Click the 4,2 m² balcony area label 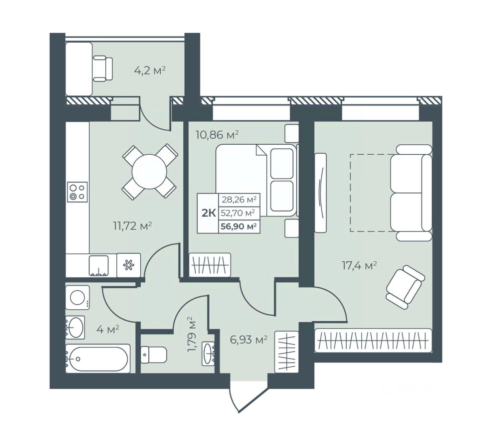pos(150,71)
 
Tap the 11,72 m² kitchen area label pos(133,226)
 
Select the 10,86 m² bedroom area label pos(217,135)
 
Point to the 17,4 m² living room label pos(359,266)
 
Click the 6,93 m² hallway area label pos(249,340)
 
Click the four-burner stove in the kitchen pos(77,192)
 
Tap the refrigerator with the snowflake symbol pos(129,266)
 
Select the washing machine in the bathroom pos(78,297)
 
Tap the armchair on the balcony pos(103,68)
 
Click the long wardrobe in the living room pos(373,341)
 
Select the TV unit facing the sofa pos(321,193)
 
